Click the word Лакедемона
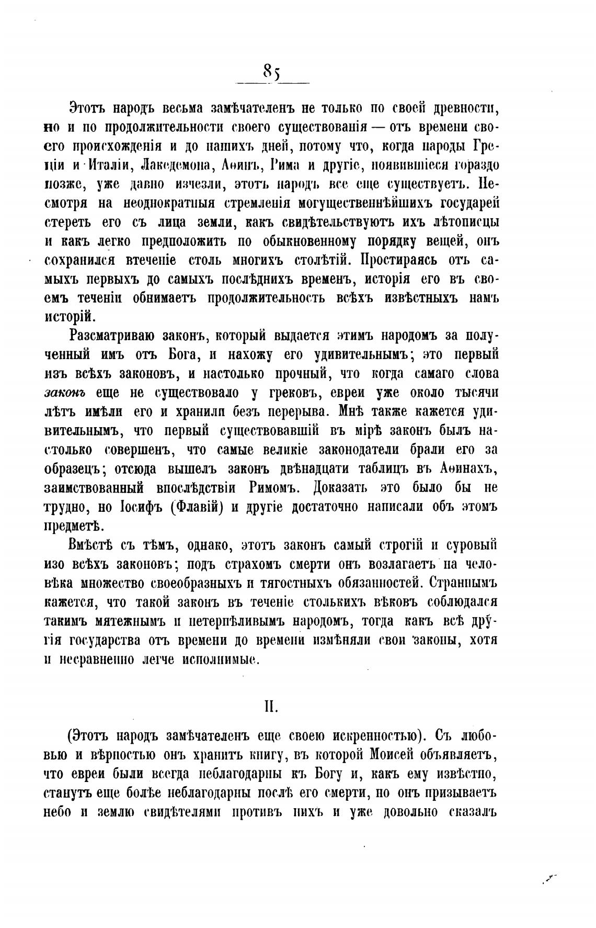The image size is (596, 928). click(x=173, y=165)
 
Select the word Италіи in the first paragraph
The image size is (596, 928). click(x=103, y=165)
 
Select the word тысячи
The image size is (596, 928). click(x=475, y=393)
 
